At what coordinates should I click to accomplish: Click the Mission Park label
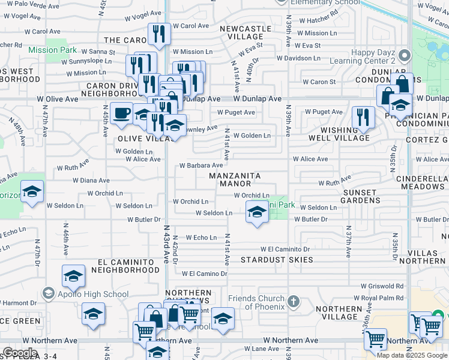pos(52,50)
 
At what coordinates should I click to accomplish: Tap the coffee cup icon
pos(122,113)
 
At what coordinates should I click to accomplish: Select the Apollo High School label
pos(90,294)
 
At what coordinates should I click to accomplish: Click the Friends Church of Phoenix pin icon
pos(292,301)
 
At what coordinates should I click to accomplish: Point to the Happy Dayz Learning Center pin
pos(404,57)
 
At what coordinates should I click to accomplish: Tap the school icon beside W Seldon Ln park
pos(257,212)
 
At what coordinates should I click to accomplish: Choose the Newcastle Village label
pos(246,32)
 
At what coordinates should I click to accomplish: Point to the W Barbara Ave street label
pos(202,166)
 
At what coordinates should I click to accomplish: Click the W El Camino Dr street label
pos(204,274)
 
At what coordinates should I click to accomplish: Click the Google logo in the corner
pos(20,353)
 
